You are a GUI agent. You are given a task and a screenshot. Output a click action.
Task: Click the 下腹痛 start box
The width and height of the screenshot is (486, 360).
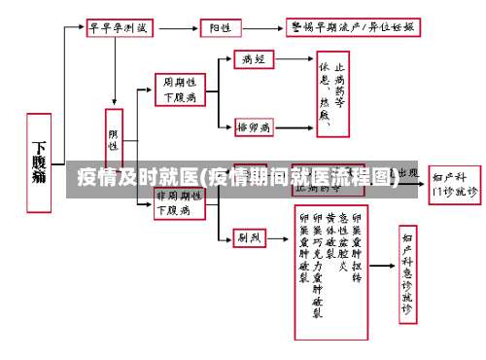(x=38, y=162)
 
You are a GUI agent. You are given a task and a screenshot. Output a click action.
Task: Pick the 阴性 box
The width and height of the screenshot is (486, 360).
(x=114, y=139)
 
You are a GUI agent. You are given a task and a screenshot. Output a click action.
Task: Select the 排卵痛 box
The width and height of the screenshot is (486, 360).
(x=254, y=127)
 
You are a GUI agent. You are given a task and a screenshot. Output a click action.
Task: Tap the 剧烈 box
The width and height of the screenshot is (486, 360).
(x=250, y=236)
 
